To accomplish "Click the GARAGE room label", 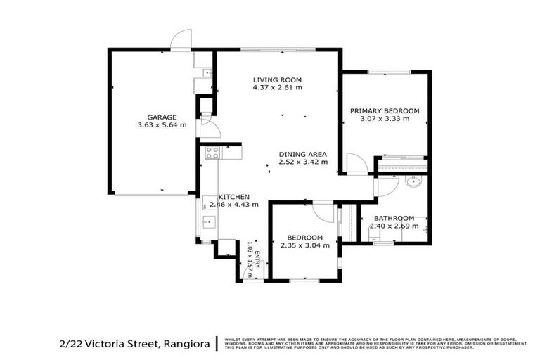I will (161, 117).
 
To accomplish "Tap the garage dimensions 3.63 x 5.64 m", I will (162, 125).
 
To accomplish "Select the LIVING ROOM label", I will (278, 79).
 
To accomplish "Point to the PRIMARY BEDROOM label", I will (385, 110).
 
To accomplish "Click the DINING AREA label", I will (303, 154).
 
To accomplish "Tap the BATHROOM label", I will (394, 218).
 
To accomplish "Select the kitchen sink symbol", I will (209, 223).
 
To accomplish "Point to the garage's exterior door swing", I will (182, 39).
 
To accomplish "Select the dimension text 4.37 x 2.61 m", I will (278, 88).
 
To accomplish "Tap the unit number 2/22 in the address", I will (70, 343).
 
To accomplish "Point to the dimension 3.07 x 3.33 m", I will (385, 119).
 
